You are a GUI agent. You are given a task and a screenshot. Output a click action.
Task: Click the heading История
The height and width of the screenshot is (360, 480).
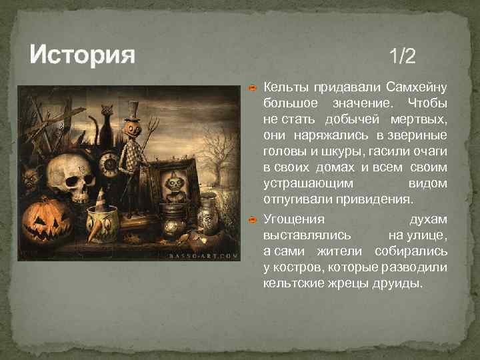pos(83,53)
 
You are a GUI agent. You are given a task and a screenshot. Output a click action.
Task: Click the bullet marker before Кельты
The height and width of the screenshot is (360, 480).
pos(253,88)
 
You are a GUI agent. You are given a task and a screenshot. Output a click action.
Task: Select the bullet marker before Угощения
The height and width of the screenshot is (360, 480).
pos(253,219)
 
